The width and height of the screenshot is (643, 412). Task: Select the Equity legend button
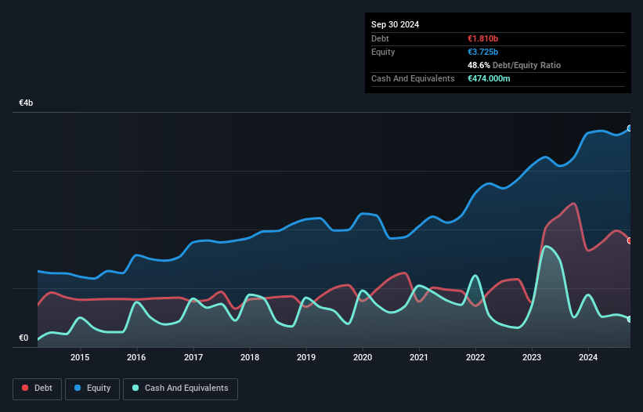coord(92,388)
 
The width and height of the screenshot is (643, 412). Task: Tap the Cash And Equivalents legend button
coord(180,388)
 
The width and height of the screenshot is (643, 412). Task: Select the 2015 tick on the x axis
coord(80,358)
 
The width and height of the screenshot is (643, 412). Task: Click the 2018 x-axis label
coord(250,358)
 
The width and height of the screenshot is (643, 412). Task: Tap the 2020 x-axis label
coord(363,358)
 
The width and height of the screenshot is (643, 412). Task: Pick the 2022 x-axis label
coord(475,358)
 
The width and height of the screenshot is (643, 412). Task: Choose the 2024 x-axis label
coord(588,358)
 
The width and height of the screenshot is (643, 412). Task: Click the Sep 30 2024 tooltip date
coord(395,24)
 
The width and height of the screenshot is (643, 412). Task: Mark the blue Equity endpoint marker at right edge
coord(629,128)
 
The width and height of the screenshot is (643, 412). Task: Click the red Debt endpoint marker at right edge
coord(629,240)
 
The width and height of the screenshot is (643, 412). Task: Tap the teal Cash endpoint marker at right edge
coord(629,319)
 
